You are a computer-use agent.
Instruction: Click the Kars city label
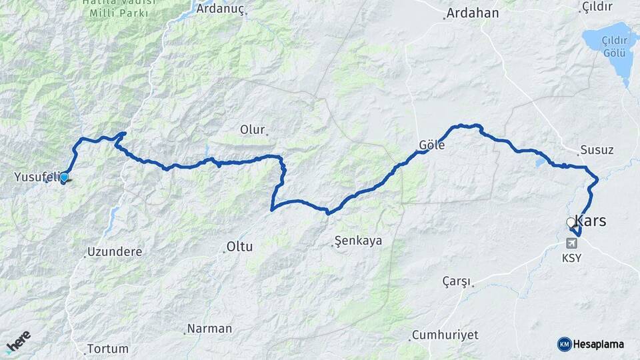point(591,221)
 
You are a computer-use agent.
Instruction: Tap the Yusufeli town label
point(37,177)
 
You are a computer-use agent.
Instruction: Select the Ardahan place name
point(473,13)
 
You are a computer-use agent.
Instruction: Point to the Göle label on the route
point(432,145)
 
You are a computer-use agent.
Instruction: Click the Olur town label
point(253,129)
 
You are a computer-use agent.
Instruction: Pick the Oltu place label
point(240,247)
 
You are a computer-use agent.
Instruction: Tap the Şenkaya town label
point(358,241)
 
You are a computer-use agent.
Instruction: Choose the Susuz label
point(597,149)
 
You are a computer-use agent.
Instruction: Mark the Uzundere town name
point(114,252)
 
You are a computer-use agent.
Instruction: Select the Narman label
point(209,329)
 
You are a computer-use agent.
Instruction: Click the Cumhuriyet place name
point(445,335)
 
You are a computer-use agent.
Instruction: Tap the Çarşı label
point(457,281)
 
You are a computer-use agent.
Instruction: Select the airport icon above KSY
point(571,243)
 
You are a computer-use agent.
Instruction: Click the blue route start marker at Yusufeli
point(64,177)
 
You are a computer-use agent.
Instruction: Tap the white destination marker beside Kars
point(571,223)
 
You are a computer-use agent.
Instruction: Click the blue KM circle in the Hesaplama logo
point(564,344)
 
